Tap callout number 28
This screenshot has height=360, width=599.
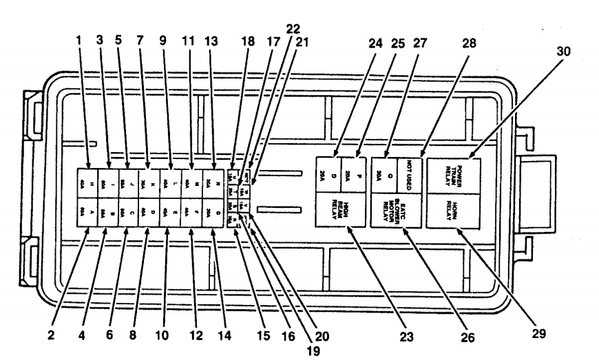pyautogui.click(x=470, y=43)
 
